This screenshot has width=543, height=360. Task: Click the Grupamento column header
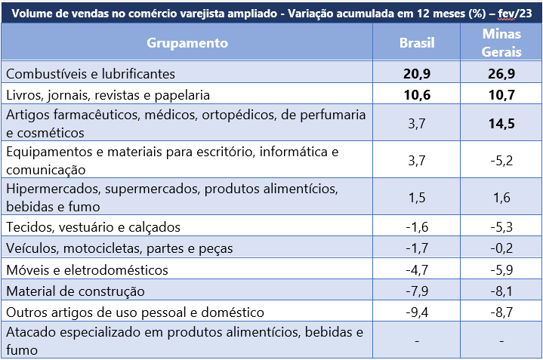[187, 43]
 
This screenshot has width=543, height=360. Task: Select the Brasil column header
[417, 43]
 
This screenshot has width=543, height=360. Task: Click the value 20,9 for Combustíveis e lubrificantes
[417, 74]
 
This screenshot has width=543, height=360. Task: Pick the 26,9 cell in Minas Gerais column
[501, 74]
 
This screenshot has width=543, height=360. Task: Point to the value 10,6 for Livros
[417, 95]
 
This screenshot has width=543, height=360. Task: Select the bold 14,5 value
[501, 123]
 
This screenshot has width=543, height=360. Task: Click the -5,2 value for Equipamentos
[501, 161]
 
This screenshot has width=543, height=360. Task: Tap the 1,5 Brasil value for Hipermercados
[417, 197]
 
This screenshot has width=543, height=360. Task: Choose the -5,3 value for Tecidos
[501, 226]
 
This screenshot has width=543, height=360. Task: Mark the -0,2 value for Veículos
[501, 248]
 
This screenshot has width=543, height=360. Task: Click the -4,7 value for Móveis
[417, 269]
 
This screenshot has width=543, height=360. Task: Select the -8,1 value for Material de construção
[501, 291]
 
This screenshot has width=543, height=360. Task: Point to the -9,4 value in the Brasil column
[417, 312]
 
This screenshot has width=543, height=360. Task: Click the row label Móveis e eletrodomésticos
[87, 269]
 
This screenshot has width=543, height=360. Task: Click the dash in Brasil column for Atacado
[417, 340]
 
